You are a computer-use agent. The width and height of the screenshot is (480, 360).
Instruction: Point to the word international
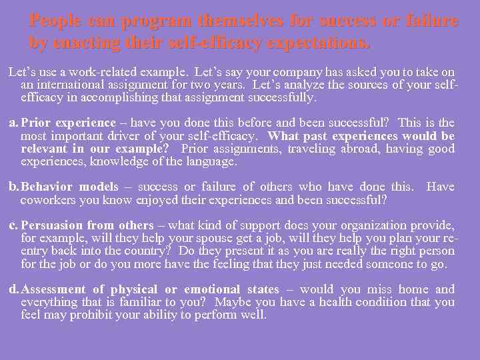(x=69, y=85)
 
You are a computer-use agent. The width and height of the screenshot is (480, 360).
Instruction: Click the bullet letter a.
(x=13, y=123)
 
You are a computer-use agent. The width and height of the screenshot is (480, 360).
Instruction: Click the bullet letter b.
(x=13, y=187)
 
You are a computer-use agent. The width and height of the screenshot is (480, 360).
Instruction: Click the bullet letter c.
(x=13, y=225)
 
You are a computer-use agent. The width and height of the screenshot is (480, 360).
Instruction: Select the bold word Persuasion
(x=51, y=225)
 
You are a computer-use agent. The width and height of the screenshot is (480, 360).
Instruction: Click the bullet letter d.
(x=13, y=289)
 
